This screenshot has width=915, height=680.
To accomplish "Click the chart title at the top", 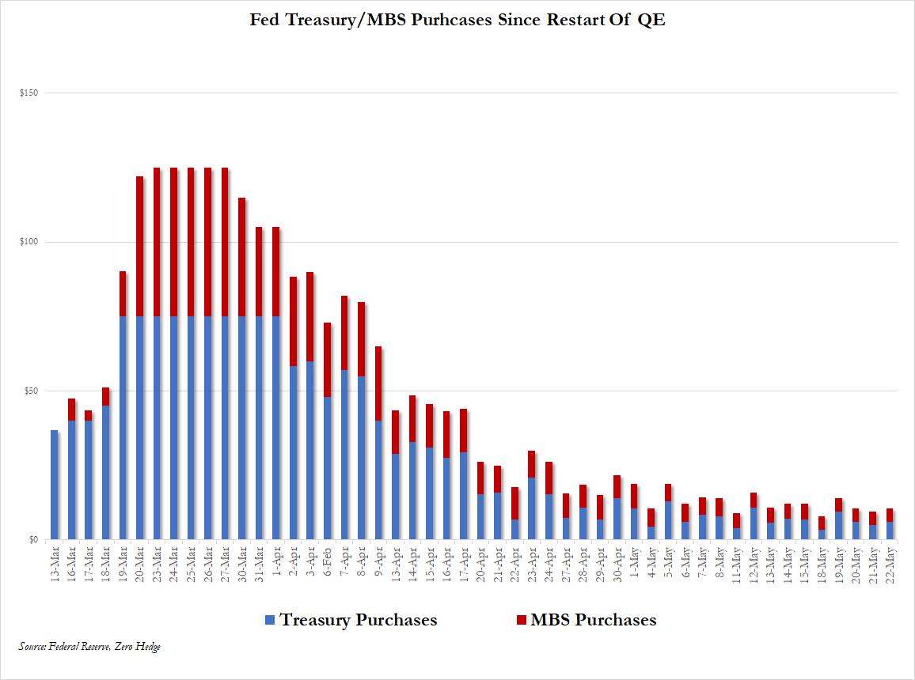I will point(457,21).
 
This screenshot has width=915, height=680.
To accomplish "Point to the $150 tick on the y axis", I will point(28,93).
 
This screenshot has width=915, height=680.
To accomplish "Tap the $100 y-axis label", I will point(28,242).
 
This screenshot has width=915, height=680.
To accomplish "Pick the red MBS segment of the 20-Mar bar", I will point(140,246).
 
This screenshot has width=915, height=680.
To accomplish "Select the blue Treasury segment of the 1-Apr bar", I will point(276,428).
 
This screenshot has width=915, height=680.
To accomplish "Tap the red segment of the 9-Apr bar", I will point(378,383).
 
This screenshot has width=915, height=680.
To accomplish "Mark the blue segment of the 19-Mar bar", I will point(123,428).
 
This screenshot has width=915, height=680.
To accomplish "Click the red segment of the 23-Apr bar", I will point(532,464).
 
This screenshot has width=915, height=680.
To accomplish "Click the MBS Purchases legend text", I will point(593,620).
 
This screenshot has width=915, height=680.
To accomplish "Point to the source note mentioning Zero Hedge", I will point(89,647).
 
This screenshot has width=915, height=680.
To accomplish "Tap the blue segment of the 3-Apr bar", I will point(310,451).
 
